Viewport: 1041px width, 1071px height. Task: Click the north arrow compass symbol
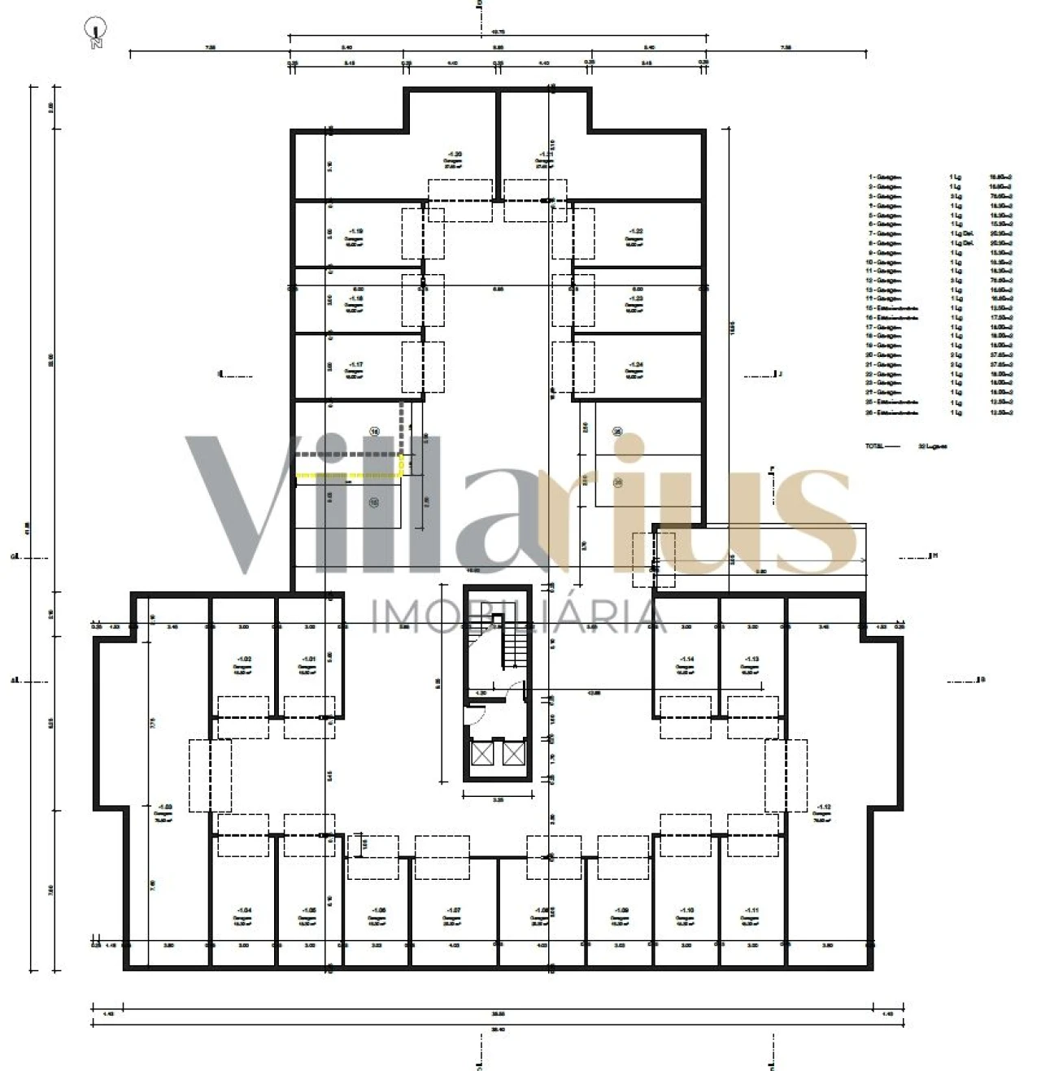point(97,32)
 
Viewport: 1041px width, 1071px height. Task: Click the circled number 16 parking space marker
point(374,431)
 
